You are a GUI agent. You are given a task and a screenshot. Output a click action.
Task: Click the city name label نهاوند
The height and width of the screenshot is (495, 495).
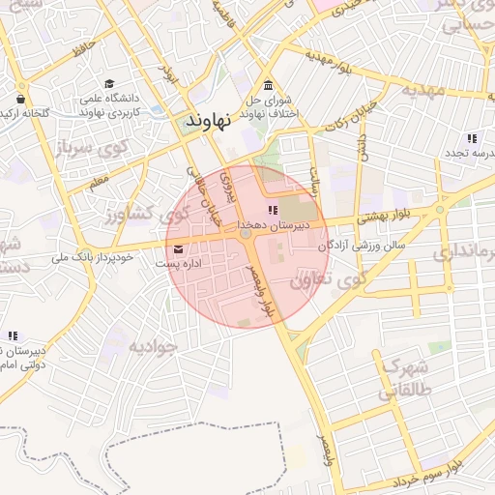[x=204, y=124]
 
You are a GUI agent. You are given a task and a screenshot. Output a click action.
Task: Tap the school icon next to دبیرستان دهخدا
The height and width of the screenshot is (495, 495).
[x=273, y=210]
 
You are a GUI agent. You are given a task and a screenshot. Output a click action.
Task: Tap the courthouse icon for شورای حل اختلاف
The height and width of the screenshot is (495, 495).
[x=268, y=84]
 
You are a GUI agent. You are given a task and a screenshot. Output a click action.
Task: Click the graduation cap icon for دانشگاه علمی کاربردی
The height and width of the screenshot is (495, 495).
[x=109, y=84]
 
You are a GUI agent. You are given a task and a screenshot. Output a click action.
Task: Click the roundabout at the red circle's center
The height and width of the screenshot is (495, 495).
[x=247, y=234]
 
